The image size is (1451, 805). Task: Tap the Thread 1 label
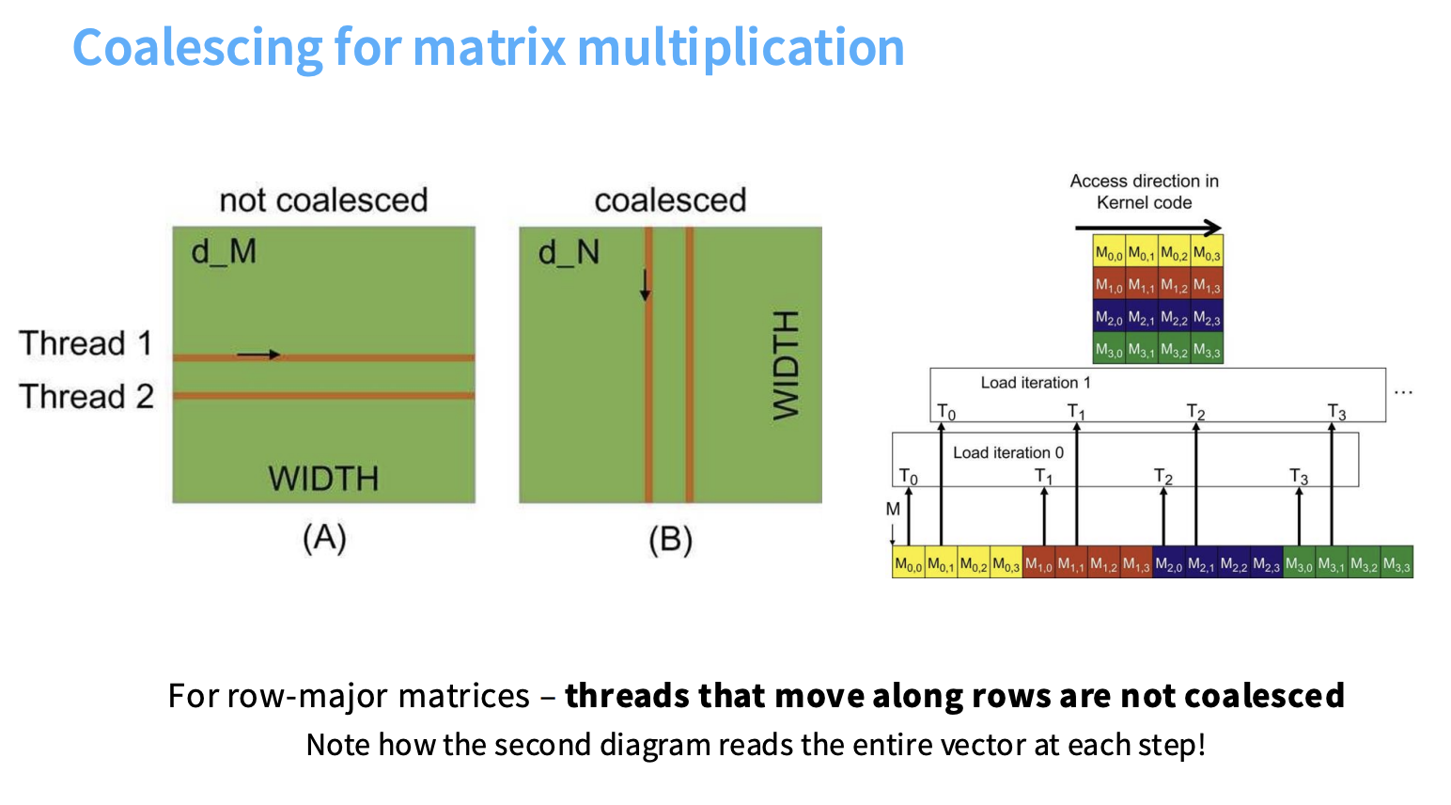[86, 343]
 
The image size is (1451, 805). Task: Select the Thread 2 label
[86, 396]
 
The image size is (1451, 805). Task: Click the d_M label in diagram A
[224, 252]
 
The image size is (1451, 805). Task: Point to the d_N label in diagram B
[569, 252]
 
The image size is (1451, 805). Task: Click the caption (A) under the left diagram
[324, 539]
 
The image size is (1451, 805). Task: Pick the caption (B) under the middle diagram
[670, 540]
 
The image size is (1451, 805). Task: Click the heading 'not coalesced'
[323, 200]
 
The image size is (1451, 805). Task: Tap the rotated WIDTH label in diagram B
[786, 365]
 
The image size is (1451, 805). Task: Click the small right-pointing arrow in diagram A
[258, 355]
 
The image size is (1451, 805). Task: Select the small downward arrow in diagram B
[645, 285]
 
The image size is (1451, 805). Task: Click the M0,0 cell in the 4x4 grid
[1109, 253]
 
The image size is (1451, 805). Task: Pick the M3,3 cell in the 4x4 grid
[1207, 351]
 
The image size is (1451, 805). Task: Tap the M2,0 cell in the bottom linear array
[1168, 564]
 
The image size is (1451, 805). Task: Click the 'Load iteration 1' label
[1036, 383]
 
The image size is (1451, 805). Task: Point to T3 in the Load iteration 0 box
[1299, 477]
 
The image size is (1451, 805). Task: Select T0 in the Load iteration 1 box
[946, 412]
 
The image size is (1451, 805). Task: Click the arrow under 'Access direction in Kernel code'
[1147, 228]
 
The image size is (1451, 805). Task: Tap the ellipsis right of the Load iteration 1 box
[1403, 392]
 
